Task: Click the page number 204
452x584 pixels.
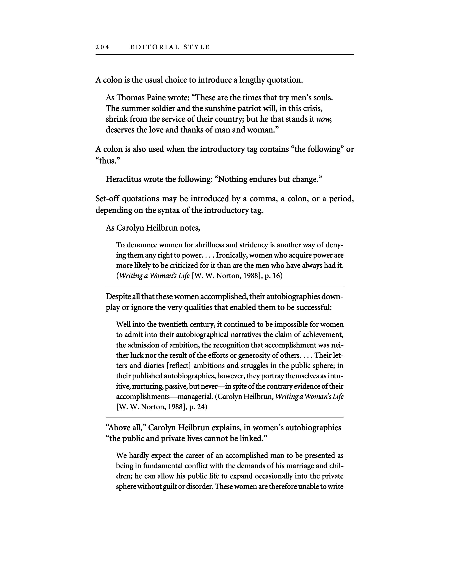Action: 102,47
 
